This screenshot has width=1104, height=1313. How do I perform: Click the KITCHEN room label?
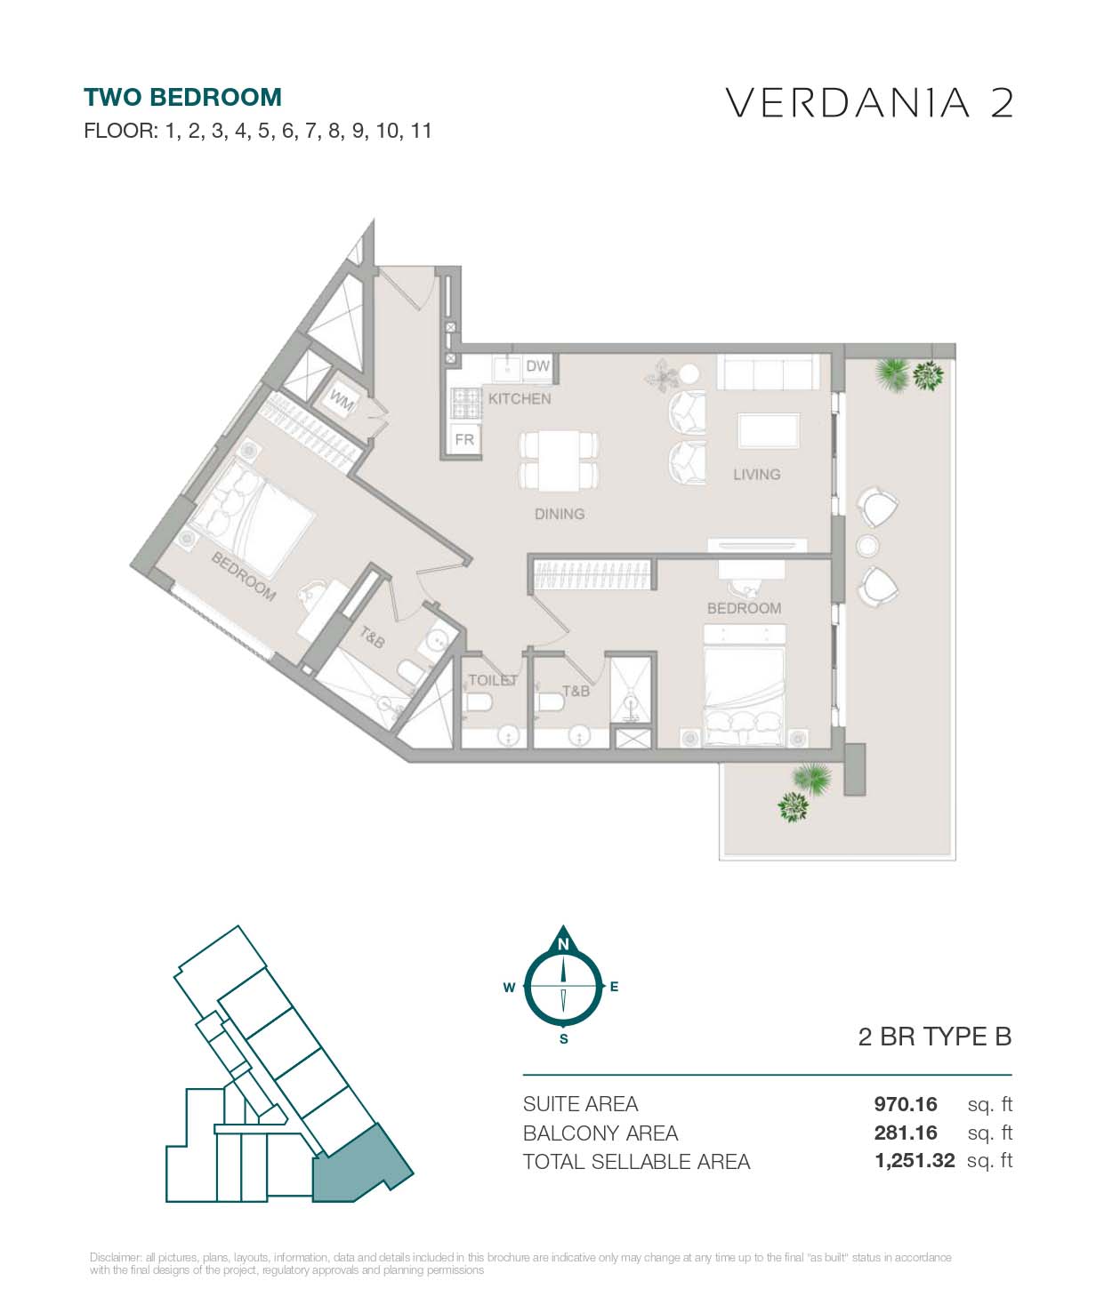[x=520, y=398]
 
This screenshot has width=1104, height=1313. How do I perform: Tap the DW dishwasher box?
[x=537, y=366]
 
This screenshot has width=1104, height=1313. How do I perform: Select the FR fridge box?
[x=464, y=439]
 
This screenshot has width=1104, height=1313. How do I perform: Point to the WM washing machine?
[x=342, y=401]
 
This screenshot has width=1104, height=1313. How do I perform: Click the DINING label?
[x=560, y=515]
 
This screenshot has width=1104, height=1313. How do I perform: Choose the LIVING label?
[x=756, y=475]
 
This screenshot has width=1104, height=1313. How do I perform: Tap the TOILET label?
[x=493, y=680]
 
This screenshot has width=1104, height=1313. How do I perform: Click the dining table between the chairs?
[x=559, y=461]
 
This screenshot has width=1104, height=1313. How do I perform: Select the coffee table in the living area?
[x=770, y=431]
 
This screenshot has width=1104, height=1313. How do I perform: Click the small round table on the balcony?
[x=868, y=546]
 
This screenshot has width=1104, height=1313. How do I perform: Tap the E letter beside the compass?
[x=615, y=987]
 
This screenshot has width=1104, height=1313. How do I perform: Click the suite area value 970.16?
[x=905, y=1104]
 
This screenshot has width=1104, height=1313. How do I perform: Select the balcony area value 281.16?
[x=905, y=1133]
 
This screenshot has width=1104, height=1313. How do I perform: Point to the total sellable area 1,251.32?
[x=915, y=1160]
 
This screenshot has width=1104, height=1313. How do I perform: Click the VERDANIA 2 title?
[x=869, y=103]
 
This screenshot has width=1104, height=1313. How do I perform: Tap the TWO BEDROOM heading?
[x=182, y=98]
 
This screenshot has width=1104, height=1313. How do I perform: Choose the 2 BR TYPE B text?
[x=935, y=1037]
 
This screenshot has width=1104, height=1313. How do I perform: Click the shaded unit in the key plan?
[x=358, y=1165]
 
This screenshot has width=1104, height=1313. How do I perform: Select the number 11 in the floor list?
[x=421, y=131]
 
